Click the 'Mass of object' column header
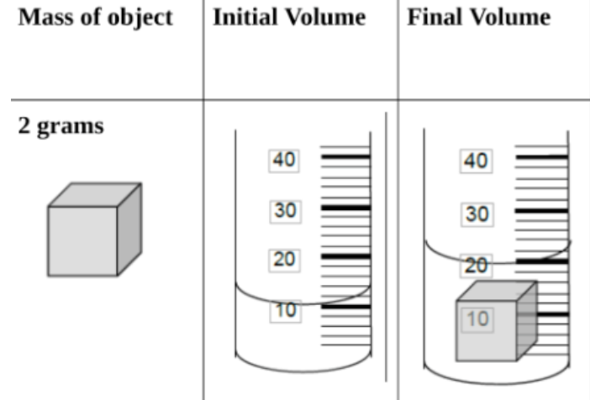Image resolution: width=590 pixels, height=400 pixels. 95,18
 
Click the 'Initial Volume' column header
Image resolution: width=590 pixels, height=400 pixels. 289,18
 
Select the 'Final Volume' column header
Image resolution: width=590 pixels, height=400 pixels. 478,18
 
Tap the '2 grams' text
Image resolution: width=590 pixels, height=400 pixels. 61,127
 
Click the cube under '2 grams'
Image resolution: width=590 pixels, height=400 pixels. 84,239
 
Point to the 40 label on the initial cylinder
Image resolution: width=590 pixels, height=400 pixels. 285,159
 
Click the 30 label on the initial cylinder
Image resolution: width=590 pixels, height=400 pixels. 285,211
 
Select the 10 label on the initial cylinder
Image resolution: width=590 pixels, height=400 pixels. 285,310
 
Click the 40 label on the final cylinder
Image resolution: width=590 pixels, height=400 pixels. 477,161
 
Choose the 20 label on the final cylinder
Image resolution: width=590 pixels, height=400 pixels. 477,266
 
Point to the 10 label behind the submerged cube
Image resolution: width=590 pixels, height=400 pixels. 477,320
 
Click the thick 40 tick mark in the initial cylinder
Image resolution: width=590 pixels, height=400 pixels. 345,157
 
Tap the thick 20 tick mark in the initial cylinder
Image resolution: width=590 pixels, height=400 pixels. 345,256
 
